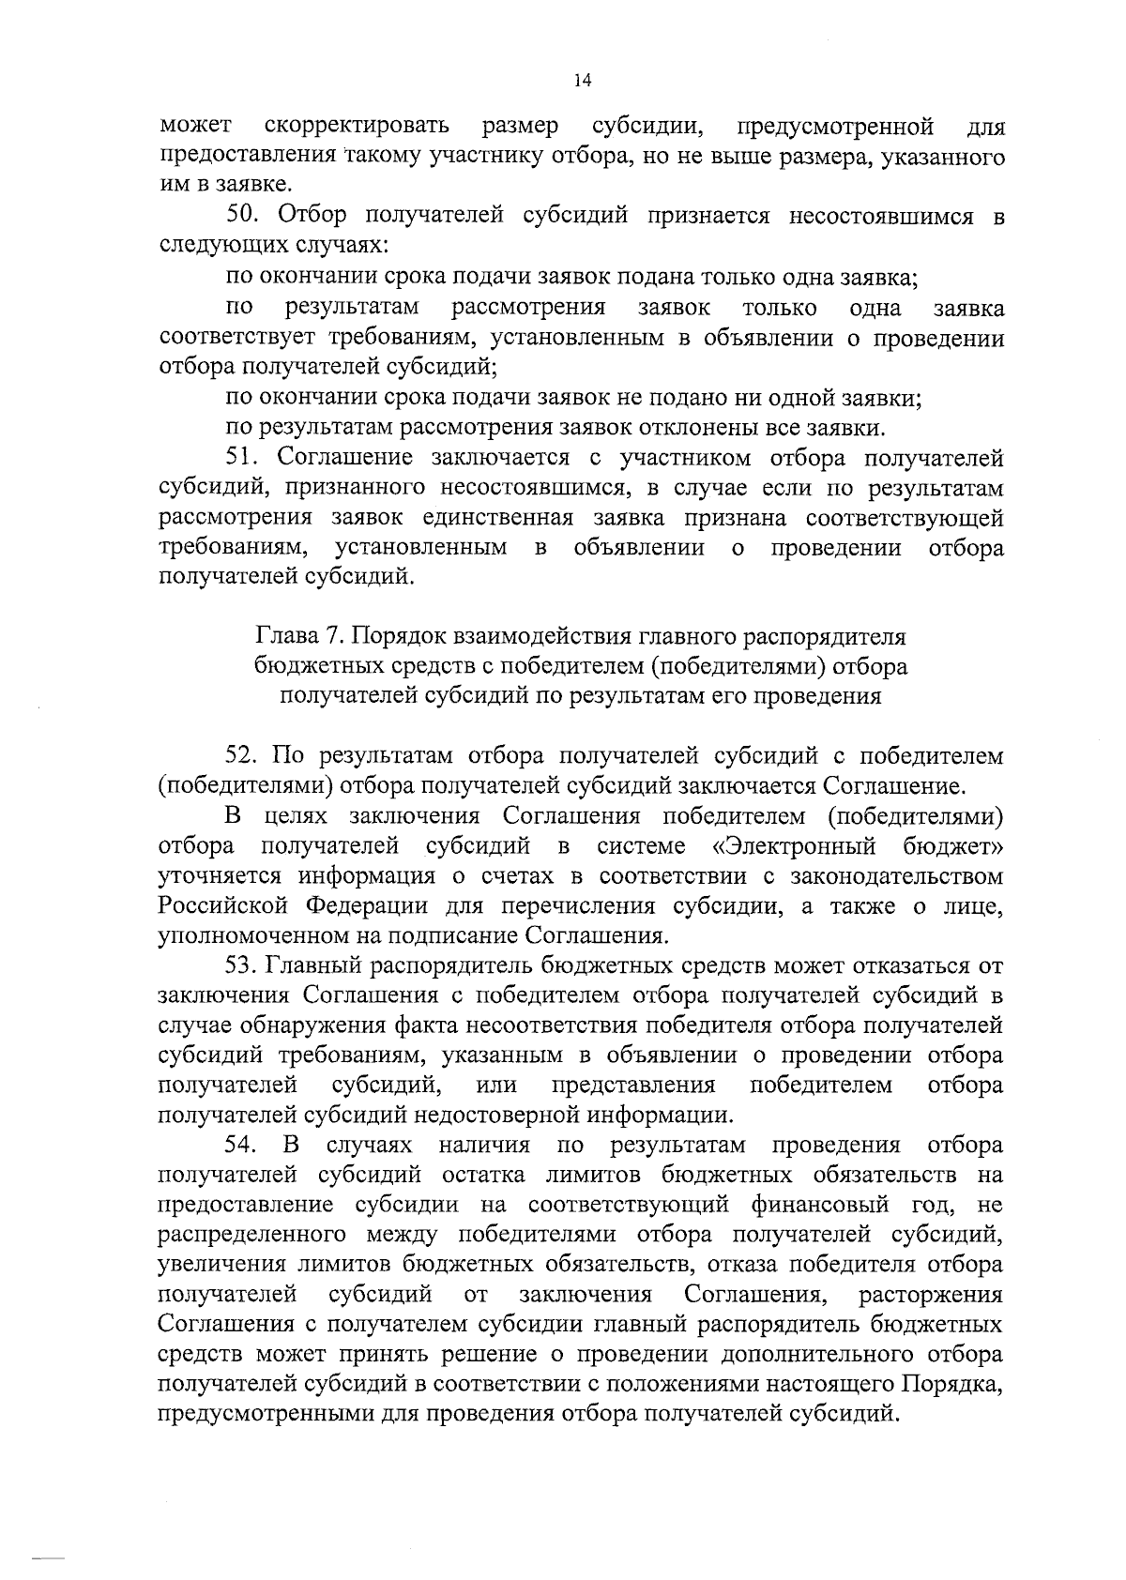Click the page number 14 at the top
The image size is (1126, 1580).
pyautogui.click(x=582, y=82)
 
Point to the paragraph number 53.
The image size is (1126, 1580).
pyautogui.click(x=246, y=965)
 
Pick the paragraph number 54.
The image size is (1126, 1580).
pyautogui.click(x=246, y=1146)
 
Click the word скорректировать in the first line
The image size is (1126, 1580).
pyautogui.click(x=357, y=127)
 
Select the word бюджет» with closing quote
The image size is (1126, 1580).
pyautogui.click(x=953, y=847)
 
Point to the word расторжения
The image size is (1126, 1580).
pyautogui.click(x=931, y=1296)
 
